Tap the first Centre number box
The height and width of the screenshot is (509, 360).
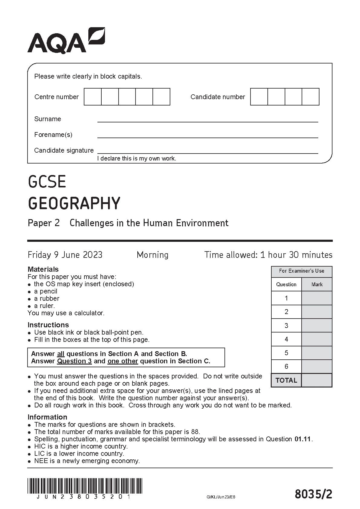93,97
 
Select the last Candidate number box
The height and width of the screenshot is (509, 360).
310,97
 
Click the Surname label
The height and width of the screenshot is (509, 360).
47,119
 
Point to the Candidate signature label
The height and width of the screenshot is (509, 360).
64,151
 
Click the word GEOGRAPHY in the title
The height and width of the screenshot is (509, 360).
74,203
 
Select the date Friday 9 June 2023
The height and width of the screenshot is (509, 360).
65,255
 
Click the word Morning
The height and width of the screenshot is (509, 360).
152,255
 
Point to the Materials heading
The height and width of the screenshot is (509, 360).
43,269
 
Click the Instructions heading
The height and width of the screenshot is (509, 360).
48,325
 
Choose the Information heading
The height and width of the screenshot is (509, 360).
47,417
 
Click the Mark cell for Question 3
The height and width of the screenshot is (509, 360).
317,326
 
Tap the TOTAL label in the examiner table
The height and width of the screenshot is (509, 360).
286,380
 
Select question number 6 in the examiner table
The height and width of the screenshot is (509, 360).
286,366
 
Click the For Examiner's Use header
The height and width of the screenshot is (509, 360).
301,271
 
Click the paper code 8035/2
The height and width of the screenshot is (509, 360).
313,494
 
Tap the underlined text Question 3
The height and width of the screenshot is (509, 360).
74,361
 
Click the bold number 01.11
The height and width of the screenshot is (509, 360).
303,439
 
